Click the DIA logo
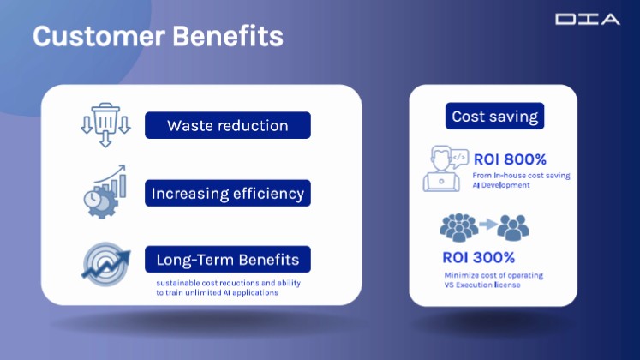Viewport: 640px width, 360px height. point(588,19)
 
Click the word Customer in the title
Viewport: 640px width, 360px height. point(99,36)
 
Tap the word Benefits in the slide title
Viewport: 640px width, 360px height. point(228,36)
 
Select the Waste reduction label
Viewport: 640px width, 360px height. point(228,125)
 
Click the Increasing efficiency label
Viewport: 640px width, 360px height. point(228,193)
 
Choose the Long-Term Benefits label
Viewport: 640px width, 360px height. point(228,259)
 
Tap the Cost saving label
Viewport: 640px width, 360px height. point(494,116)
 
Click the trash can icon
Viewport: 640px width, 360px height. point(105,124)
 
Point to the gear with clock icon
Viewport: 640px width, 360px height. point(105,192)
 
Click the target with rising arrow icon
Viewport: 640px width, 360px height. point(106,264)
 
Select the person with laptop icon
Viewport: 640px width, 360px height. point(441,169)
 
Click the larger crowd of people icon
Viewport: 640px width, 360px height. point(458,227)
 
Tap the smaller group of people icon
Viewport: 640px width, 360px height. point(513,227)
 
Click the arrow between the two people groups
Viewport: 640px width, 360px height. point(487,224)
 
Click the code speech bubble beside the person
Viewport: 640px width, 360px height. point(459,159)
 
